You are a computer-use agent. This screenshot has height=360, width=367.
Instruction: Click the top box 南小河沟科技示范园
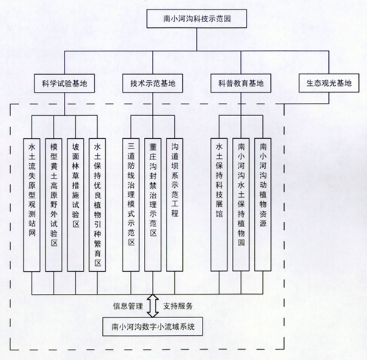pyautogui.click(x=197, y=18)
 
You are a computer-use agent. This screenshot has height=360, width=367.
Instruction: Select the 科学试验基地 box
pyautogui.click(x=65, y=83)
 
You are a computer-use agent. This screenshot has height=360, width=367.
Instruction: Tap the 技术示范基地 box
pyautogui.click(x=153, y=83)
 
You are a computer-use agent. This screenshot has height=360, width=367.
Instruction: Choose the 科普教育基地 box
pyautogui.click(x=241, y=83)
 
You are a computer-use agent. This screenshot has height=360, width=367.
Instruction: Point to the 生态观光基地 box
pyautogui.click(x=329, y=83)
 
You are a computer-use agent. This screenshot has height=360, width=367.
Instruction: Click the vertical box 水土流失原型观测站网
pyautogui.click(x=32, y=205)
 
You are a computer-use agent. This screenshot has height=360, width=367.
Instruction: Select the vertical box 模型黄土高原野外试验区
pyautogui.click(x=54, y=205)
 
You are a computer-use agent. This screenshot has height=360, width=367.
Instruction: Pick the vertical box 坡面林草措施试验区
pyautogui.click(x=76, y=205)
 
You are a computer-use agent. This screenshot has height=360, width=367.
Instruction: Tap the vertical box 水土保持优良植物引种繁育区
pyautogui.click(x=97, y=205)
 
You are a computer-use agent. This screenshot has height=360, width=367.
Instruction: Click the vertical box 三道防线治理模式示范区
pyautogui.click(x=131, y=205)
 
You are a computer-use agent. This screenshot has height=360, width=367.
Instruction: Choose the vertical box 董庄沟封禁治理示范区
pyautogui.click(x=153, y=205)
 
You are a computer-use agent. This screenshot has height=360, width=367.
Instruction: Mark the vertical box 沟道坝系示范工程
pyautogui.click(x=175, y=205)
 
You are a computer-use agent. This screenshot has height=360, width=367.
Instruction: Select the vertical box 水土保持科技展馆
pyautogui.click(x=219, y=204)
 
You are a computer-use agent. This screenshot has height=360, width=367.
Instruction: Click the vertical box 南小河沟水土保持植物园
pyautogui.click(x=241, y=204)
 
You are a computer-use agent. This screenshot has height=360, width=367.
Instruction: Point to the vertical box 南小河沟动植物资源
pyautogui.click(x=263, y=204)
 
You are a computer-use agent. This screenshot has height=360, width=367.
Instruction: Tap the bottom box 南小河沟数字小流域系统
pyautogui.click(x=153, y=326)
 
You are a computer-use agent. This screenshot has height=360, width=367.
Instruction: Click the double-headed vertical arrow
pyautogui.click(x=153, y=306)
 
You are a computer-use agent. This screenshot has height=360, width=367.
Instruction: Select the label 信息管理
pyautogui.click(x=128, y=306)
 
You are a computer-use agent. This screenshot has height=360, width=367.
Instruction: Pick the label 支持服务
pyautogui.click(x=178, y=306)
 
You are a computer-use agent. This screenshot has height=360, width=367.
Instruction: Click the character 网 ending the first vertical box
pyautogui.click(x=32, y=233)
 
